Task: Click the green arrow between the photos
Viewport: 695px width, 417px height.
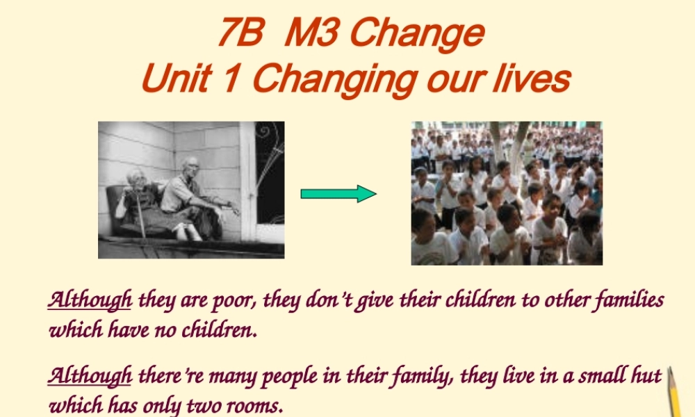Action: (x=338, y=194)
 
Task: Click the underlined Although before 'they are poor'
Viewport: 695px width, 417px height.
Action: (x=90, y=300)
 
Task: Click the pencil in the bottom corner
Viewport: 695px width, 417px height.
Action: (x=675, y=393)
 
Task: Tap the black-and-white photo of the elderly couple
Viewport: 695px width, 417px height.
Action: (x=191, y=190)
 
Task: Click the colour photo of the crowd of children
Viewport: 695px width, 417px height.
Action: (x=507, y=193)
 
